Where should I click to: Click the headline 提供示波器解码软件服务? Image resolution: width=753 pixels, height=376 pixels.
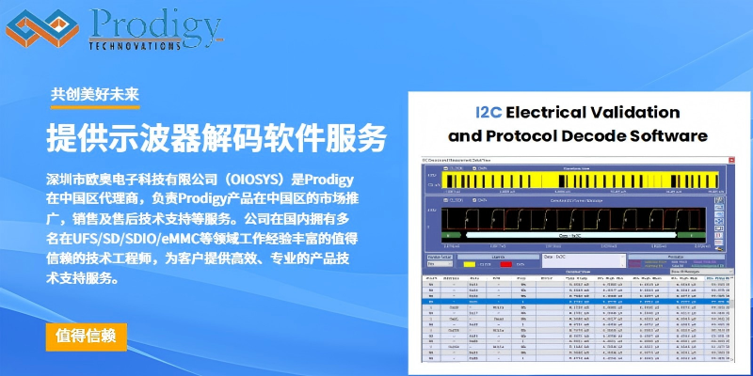tap(216, 138)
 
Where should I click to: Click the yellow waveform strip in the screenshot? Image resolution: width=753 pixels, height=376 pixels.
tap(575, 178)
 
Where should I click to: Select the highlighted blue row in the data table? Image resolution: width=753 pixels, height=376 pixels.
tap(575, 302)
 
